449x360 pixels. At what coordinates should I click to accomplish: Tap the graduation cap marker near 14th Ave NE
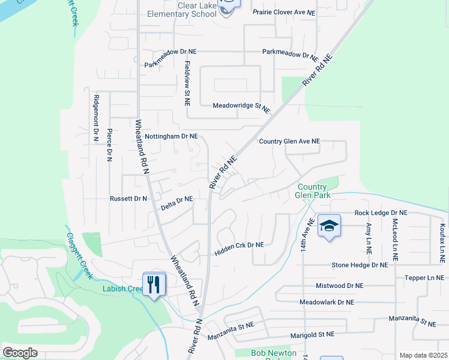click(x=329, y=226)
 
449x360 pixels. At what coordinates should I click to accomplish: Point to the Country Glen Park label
click(x=313, y=190)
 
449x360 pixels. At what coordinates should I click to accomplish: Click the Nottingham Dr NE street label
click(x=171, y=136)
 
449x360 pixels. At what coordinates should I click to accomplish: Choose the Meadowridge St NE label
click(x=241, y=106)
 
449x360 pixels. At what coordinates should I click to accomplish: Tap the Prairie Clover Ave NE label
click(x=283, y=12)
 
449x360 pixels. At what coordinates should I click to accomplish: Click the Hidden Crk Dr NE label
click(x=240, y=249)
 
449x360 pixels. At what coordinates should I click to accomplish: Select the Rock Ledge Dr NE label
click(x=381, y=213)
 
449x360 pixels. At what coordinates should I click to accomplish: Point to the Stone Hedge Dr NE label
click(x=360, y=265)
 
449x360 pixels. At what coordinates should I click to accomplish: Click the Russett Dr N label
click(x=128, y=198)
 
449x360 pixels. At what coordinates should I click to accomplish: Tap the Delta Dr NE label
click(x=176, y=203)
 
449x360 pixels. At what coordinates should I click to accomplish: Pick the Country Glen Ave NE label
click(x=289, y=142)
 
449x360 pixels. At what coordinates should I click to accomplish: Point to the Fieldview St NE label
click(x=187, y=83)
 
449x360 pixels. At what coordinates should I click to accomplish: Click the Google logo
click(x=20, y=353)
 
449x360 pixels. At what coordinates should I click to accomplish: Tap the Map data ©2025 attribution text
click(x=423, y=355)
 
